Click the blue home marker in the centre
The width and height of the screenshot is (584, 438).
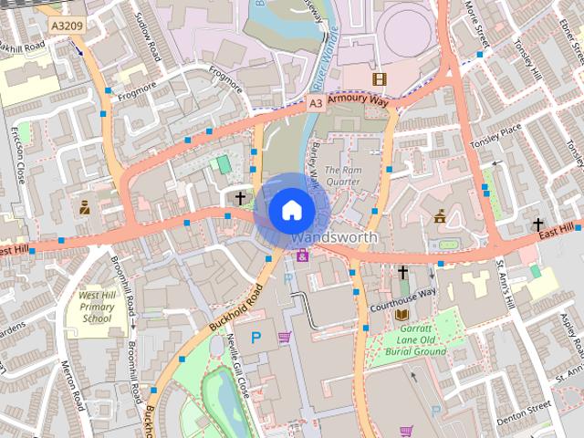tap(290, 210)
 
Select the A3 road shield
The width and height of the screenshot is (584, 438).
tap(315, 104)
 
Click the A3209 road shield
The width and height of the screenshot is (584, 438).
tap(64, 26)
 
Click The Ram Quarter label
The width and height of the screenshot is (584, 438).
tap(343, 176)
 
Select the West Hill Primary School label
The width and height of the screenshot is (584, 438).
tap(96, 308)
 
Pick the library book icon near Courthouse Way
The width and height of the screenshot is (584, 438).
tap(401, 315)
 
